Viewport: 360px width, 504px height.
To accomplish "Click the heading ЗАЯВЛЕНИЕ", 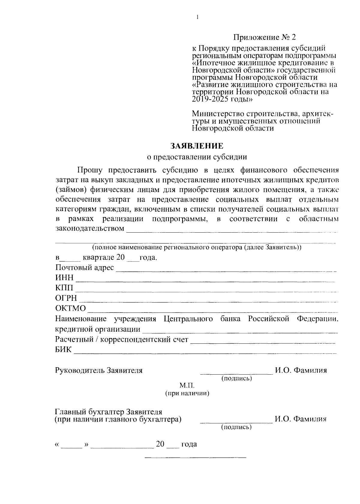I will click(x=197, y=146).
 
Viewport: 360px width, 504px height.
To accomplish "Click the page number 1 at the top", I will click(x=197, y=17).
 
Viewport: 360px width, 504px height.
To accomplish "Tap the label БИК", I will click(x=63, y=349).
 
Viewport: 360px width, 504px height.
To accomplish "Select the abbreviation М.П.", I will click(x=187, y=385).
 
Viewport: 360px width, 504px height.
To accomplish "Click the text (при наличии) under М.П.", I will click(x=187, y=393).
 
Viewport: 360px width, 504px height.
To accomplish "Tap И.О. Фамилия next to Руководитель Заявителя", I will click(x=301, y=370).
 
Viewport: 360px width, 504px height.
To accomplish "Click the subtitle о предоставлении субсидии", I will click(x=197, y=157).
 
